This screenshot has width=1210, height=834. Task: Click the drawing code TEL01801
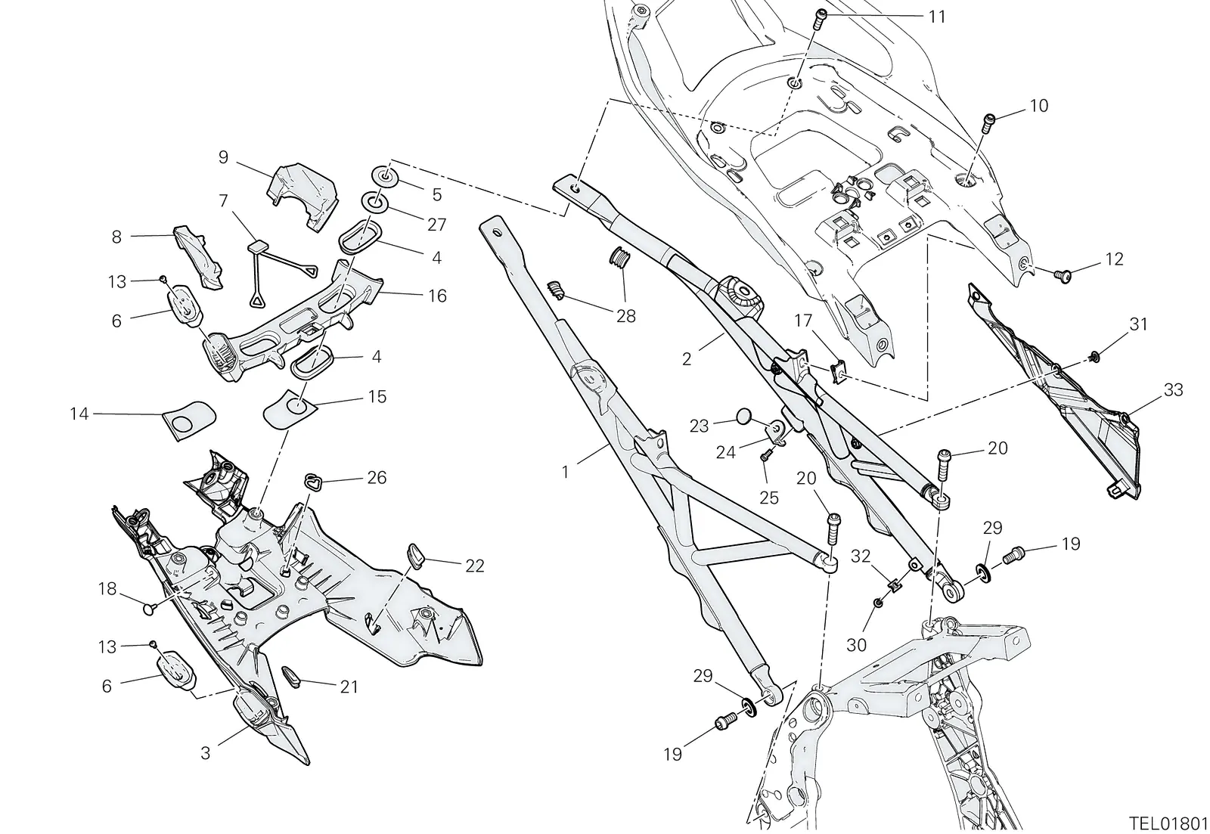coord(1168,823)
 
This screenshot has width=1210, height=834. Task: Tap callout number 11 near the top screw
coord(937,17)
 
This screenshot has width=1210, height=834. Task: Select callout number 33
coord(1173,389)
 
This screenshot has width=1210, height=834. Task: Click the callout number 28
coord(626,316)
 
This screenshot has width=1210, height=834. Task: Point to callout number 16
coord(438,296)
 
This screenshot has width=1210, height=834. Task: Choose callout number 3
coord(205,753)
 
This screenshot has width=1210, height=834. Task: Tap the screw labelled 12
coord(1061,277)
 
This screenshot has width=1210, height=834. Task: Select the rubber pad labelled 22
coord(414,556)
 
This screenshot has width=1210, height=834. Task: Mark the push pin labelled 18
coord(150,610)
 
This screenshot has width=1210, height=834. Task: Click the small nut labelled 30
coord(880,603)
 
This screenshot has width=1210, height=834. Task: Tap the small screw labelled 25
coord(765,457)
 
